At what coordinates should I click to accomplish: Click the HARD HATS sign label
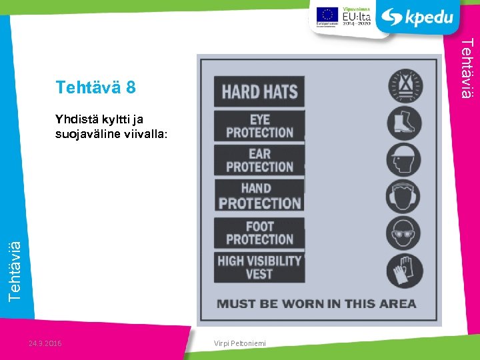click(259, 91)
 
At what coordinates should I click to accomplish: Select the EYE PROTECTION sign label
click(259, 126)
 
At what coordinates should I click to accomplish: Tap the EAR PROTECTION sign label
click(259, 161)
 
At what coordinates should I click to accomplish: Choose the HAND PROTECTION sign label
click(259, 196)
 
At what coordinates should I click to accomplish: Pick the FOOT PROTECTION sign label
click(259, 233)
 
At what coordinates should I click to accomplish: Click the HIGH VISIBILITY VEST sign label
click(259, 267)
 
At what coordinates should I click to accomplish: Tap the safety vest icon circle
click(405, 87)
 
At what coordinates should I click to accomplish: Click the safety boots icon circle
click(405, 123)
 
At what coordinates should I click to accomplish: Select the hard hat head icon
click(405, 159)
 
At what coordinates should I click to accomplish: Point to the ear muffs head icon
click(405, 195)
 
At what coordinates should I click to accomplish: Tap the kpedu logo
click(419, 17)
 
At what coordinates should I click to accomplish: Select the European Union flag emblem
click(327, 13)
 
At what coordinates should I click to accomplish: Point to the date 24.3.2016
click(45, 343)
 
